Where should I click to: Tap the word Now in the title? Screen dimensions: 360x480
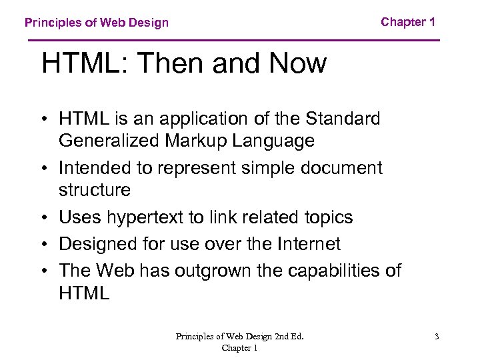coord(297,64)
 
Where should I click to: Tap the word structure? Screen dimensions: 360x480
coord(95,190)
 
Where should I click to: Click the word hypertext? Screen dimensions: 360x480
coord(151,217)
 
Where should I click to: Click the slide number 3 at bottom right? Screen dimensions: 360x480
coord(436,337)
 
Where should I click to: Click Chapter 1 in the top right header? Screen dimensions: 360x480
coord(408,22)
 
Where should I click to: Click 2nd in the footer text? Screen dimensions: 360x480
coord(273,337)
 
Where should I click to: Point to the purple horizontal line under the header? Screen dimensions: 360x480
coord(233,41)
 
